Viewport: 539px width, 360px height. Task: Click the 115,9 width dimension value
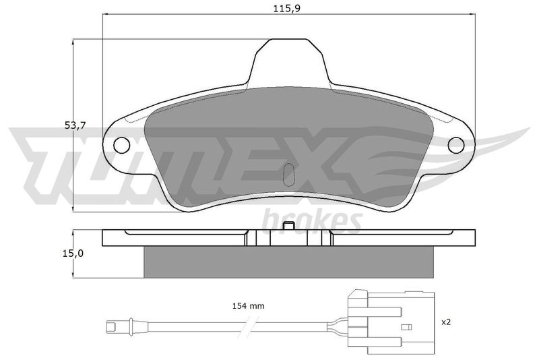(x=287, y=8)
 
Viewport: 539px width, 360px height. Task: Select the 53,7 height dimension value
(x=75, y=126)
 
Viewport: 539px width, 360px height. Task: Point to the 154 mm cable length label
(x=248, y=305)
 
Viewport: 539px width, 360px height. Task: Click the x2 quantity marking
(x=446, y=322)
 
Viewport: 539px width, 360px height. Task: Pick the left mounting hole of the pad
(x=122, y=145)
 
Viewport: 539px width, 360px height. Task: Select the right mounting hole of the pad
(x=457, y=145)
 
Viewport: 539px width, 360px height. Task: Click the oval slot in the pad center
(x=289, y=174)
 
